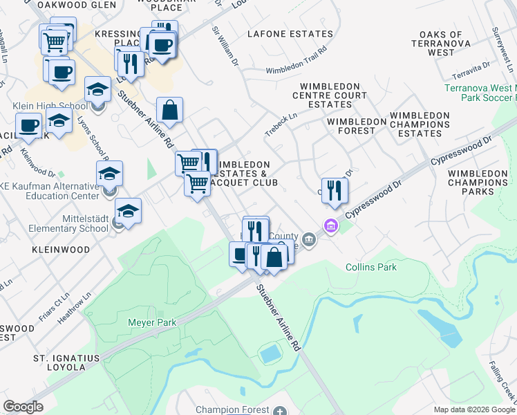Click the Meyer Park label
click(153, 322)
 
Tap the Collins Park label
click(371, 267)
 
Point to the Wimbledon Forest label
click(357, 121)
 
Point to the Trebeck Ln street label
click(281, 122)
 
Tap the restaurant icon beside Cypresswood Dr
click(335, 190)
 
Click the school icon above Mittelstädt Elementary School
click(128, 210)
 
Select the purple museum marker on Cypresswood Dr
click(330, 226)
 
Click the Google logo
click(23, 407)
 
